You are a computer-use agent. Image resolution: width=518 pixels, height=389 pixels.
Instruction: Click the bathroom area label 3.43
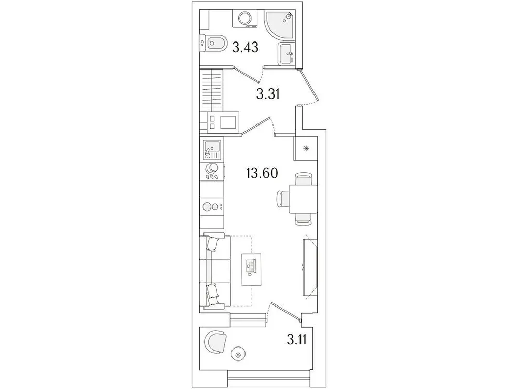pos(245,49)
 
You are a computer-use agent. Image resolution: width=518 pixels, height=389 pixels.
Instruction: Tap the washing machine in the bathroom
pos(244,18)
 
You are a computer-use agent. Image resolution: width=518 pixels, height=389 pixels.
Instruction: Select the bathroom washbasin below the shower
pos(286,54)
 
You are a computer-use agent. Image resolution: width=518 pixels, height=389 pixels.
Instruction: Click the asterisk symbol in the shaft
pos(306,150)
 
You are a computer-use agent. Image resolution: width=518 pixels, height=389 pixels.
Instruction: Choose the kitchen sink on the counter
pos(212,150)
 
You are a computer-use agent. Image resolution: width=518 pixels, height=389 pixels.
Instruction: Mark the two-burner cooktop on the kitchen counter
pos(213,206)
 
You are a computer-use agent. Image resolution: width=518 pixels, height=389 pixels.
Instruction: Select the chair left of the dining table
pos(283,200)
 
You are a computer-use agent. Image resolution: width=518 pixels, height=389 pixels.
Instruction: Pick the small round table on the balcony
pos(238,355)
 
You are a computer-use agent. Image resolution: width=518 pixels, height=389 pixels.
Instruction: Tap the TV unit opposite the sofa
pos(309,266)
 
